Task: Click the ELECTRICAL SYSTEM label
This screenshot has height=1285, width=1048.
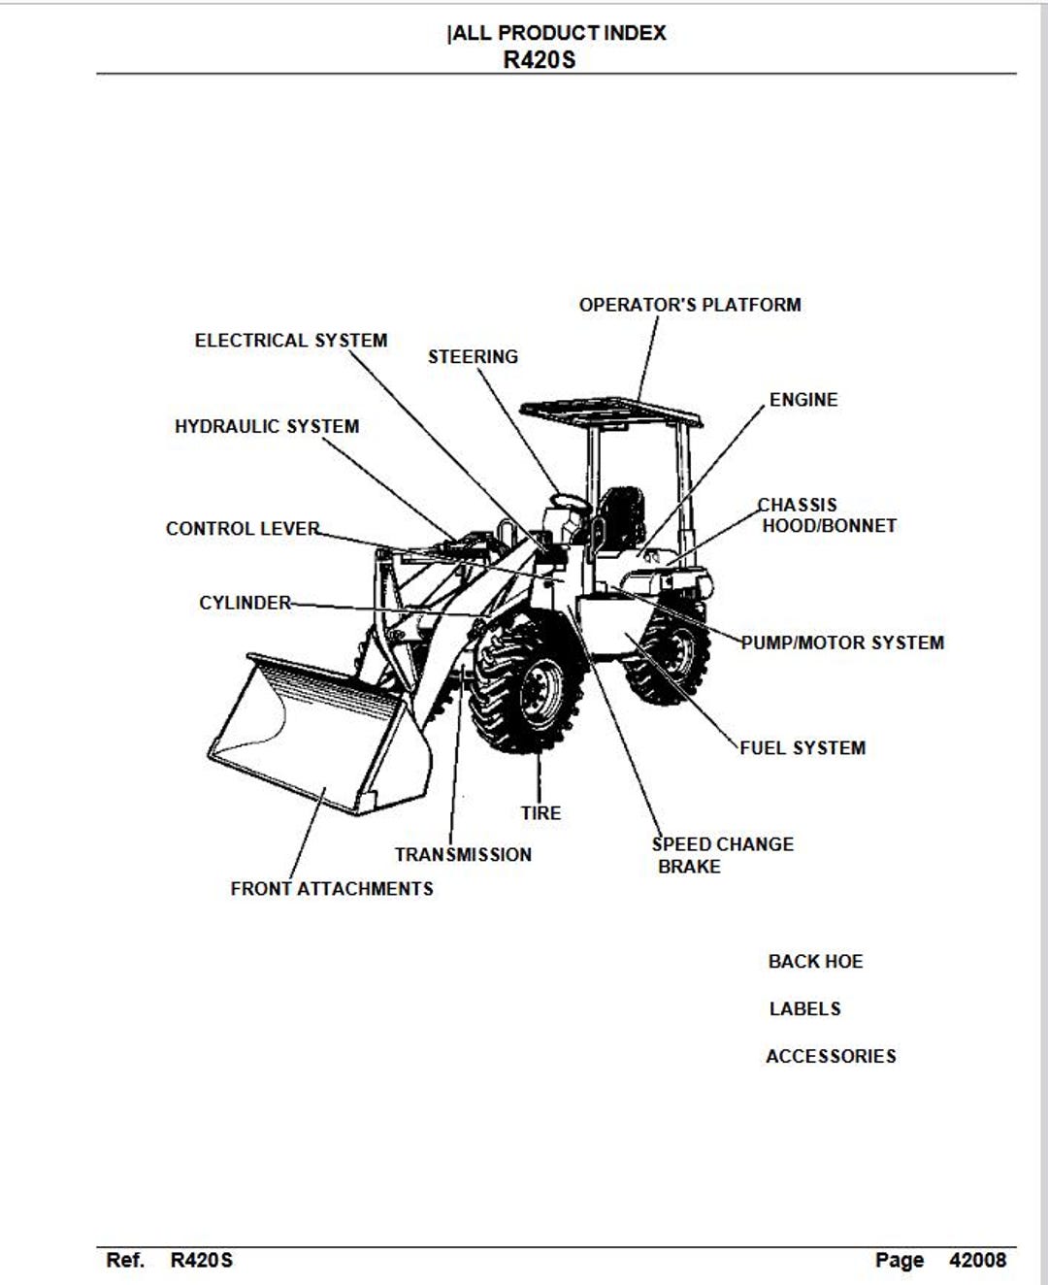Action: coord(291,340)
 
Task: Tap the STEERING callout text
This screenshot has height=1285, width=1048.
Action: coord(473,356)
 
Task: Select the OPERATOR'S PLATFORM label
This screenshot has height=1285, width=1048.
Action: coord(690,305)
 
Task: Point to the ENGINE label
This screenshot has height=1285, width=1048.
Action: coord(803,400)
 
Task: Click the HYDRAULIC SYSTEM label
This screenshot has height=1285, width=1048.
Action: coord(267,426)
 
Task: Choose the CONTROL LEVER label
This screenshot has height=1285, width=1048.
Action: coord(243,528)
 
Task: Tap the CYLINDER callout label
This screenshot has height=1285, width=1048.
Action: coord(245,603)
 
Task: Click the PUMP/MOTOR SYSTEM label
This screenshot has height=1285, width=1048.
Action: coord(842,642)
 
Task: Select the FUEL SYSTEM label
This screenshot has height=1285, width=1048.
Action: coord(802,747)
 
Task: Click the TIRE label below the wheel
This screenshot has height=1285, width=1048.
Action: coord(540,812)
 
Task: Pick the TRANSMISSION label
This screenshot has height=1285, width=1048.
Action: coord(463,854)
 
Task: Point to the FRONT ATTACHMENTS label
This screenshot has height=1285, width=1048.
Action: coord(332,888)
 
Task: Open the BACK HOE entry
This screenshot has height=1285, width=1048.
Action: coord(815,962)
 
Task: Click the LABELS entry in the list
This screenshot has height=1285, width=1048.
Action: coord(804,1009)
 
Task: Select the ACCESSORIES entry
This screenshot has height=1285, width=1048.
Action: coord(831,1056)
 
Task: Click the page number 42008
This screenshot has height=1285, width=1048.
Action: coord(977,1260)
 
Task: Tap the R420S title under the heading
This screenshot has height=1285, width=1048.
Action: coord(540,60)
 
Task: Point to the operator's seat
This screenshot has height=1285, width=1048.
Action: coord(620,520)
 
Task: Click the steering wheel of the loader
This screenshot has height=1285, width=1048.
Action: coord(570,504)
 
